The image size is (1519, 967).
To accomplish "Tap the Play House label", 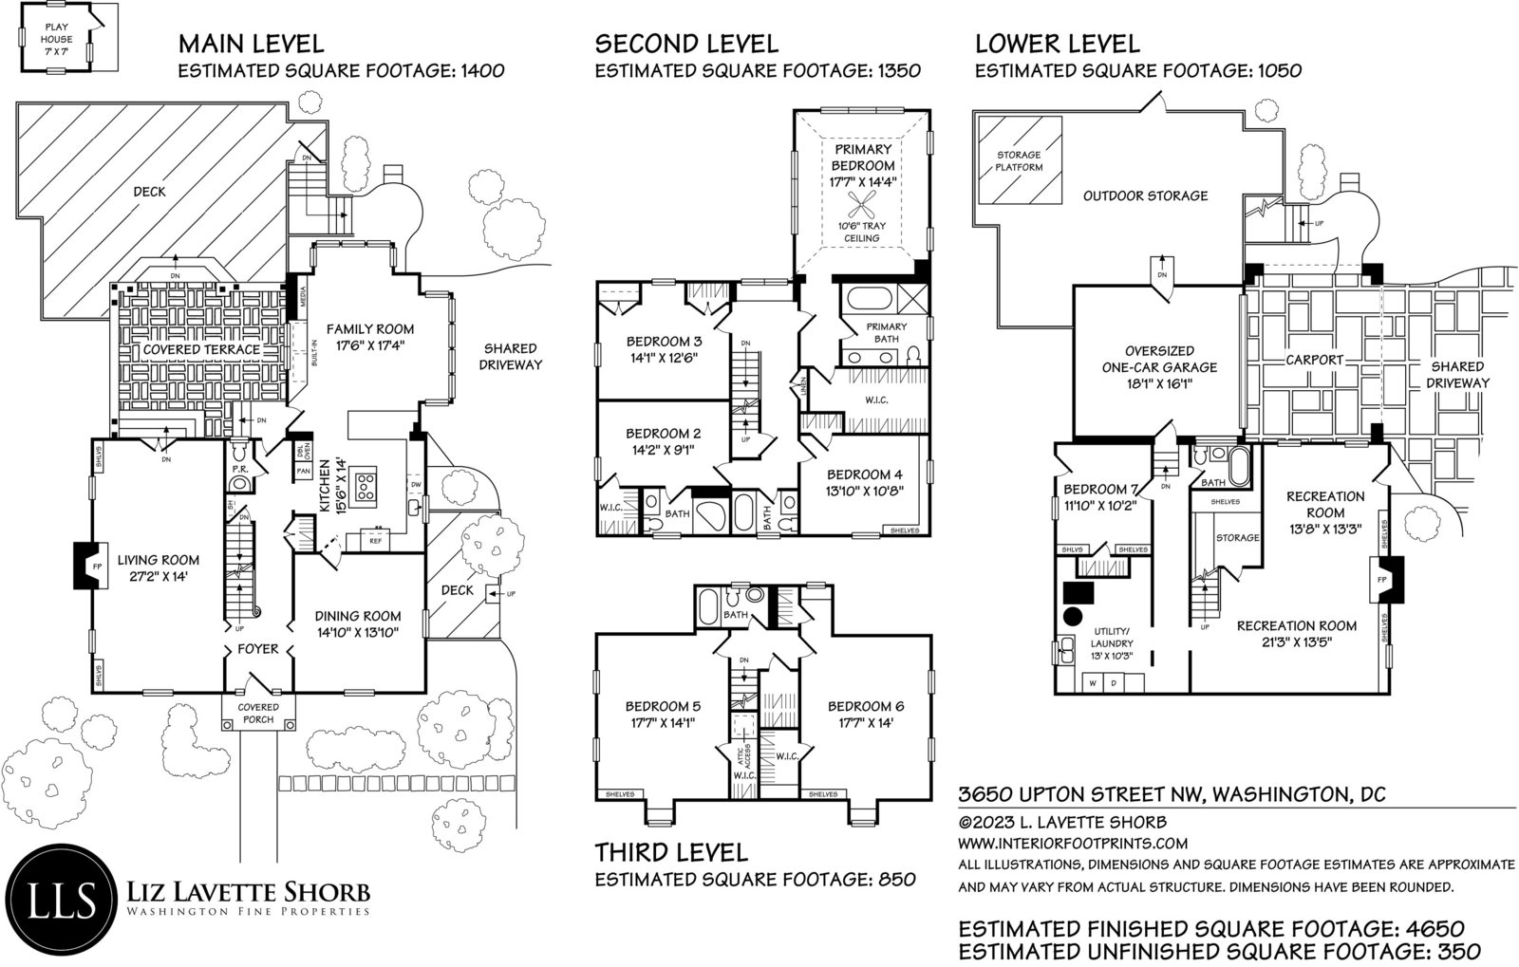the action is [x=56, y=39].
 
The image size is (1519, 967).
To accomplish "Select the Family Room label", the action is [x=370, y=337].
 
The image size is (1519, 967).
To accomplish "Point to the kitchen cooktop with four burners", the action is [x=366, y=486].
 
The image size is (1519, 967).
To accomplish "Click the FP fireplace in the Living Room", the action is [x=89, y=566].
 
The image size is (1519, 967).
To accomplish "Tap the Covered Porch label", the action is [x=258, y=713].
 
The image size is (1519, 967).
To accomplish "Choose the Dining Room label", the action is [x=357, y=624].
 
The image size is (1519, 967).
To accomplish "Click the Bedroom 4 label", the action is [x=865, y=482].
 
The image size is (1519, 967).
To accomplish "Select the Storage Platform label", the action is [x=1019, y=160].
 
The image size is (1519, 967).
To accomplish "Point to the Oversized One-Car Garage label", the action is [x=1159, y=367].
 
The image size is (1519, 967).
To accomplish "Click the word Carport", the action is [x=1314, y=360].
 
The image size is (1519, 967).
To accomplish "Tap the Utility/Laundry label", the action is [x=1112, y=643].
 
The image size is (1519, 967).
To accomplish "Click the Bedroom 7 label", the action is [x=1100, y=496].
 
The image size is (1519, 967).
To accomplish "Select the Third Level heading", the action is [x=671, y=852].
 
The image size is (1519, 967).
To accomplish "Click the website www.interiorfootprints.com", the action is [x=1073, y=843].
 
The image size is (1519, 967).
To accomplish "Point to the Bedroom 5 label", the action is [x=663, y=715].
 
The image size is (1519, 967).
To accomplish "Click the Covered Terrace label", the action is [x=201, y=349].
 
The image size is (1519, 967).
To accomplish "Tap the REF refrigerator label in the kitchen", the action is [x=375, y=541].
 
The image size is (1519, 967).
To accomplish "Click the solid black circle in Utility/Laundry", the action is [x=1072, y=617].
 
